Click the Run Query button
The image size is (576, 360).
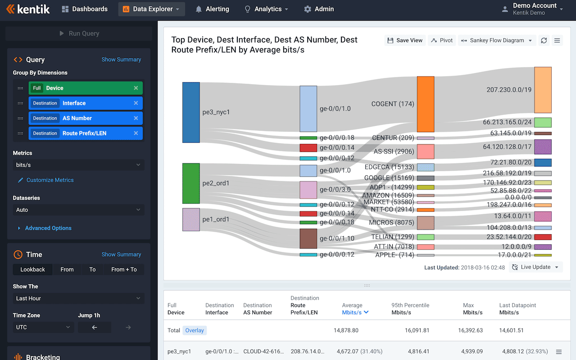click(x=79, y=33)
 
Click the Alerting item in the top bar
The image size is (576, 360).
click(x=212, y=9)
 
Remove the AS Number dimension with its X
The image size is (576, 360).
click(x=136, y=118)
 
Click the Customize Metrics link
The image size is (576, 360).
click(x=50, y=180)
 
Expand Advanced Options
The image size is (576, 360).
click(x=48, y=228)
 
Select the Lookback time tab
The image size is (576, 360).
click(x=32, y=269)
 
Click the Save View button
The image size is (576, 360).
click(x=405, y=40)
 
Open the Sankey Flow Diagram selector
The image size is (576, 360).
click(x=497, y=40)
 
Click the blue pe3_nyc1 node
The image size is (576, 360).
click(x=190, y=112)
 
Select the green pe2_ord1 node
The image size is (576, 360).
click(x=190, y=183)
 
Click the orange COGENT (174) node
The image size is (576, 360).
click(x=425, y=104)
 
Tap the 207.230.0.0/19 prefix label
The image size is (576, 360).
click(x=509, y=90)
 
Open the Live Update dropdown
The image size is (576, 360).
click(x=535, y=267)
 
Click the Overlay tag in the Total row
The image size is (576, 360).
click(x=195, y=330)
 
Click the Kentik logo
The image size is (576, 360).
click(x=28, y=9)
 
